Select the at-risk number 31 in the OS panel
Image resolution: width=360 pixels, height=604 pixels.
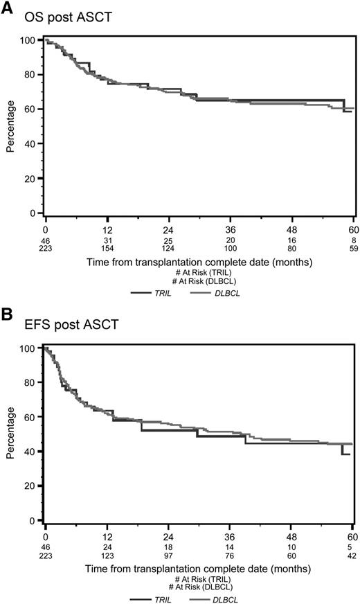pyautogui.click(x=107, y=240)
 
